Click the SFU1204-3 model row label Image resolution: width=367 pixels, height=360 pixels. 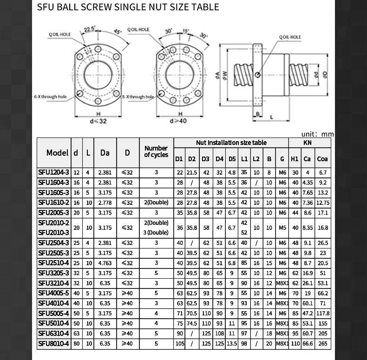[53, 172]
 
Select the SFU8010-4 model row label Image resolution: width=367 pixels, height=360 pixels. [53, 344]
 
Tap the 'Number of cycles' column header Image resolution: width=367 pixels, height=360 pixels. [156, 152]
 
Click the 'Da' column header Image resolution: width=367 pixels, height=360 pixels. [105, 152]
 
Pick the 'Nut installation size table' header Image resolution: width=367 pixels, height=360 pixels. [231, 143]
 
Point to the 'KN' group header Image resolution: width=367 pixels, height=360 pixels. [307, 143]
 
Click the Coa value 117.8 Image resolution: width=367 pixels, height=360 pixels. [322, 314]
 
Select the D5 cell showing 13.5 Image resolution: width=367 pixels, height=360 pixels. [232, 344]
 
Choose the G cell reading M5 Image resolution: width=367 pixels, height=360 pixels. [282, 228]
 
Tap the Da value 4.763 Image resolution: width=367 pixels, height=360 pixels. [105, 263]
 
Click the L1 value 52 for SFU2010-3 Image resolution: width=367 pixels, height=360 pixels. [244, 233]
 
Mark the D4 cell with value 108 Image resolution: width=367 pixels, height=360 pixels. [219, 334]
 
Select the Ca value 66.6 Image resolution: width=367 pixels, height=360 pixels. [307, 344]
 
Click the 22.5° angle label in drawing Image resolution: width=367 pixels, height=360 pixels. [89, 29]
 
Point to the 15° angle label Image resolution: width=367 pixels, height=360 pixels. [186, 31]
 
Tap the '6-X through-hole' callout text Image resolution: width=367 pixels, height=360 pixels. [50, 97]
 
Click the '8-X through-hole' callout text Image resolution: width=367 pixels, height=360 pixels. [138, 97]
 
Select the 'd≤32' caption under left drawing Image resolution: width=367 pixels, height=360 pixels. [98, 121]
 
